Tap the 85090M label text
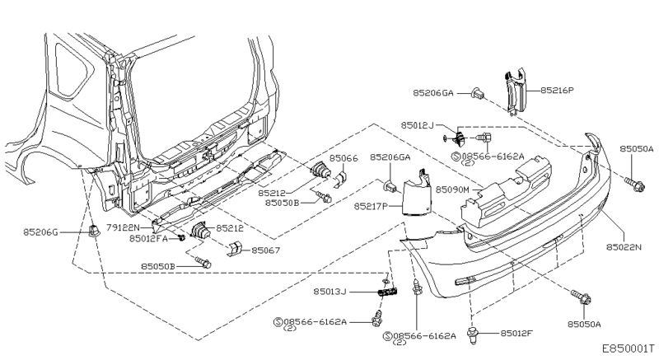tap(453, 189)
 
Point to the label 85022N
tap(625, 246)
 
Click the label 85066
tap(344, 157)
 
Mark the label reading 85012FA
tap(148, 239)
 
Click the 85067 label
tap(266, 250)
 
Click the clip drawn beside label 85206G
tap(93, 232)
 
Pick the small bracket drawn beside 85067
tap(234, 249)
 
